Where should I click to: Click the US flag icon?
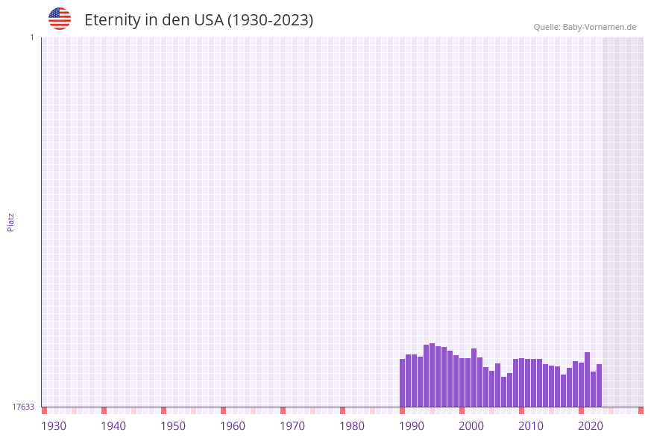60,19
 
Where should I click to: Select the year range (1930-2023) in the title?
270,20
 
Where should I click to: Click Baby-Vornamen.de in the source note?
600,27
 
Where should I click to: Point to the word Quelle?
547,27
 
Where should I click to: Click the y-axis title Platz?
11,222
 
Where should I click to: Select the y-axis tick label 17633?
23,407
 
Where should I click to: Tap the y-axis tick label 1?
31,37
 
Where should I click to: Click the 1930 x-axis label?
54,426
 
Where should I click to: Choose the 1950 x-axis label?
173,426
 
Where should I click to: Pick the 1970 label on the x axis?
292,426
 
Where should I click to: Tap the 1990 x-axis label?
412,426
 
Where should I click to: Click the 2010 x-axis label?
531,426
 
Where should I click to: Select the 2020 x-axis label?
591,426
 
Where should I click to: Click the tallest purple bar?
433,375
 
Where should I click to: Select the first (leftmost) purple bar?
403,383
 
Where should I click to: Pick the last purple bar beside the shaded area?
599,385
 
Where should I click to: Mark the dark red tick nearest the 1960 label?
223,410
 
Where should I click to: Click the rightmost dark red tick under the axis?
641,410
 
